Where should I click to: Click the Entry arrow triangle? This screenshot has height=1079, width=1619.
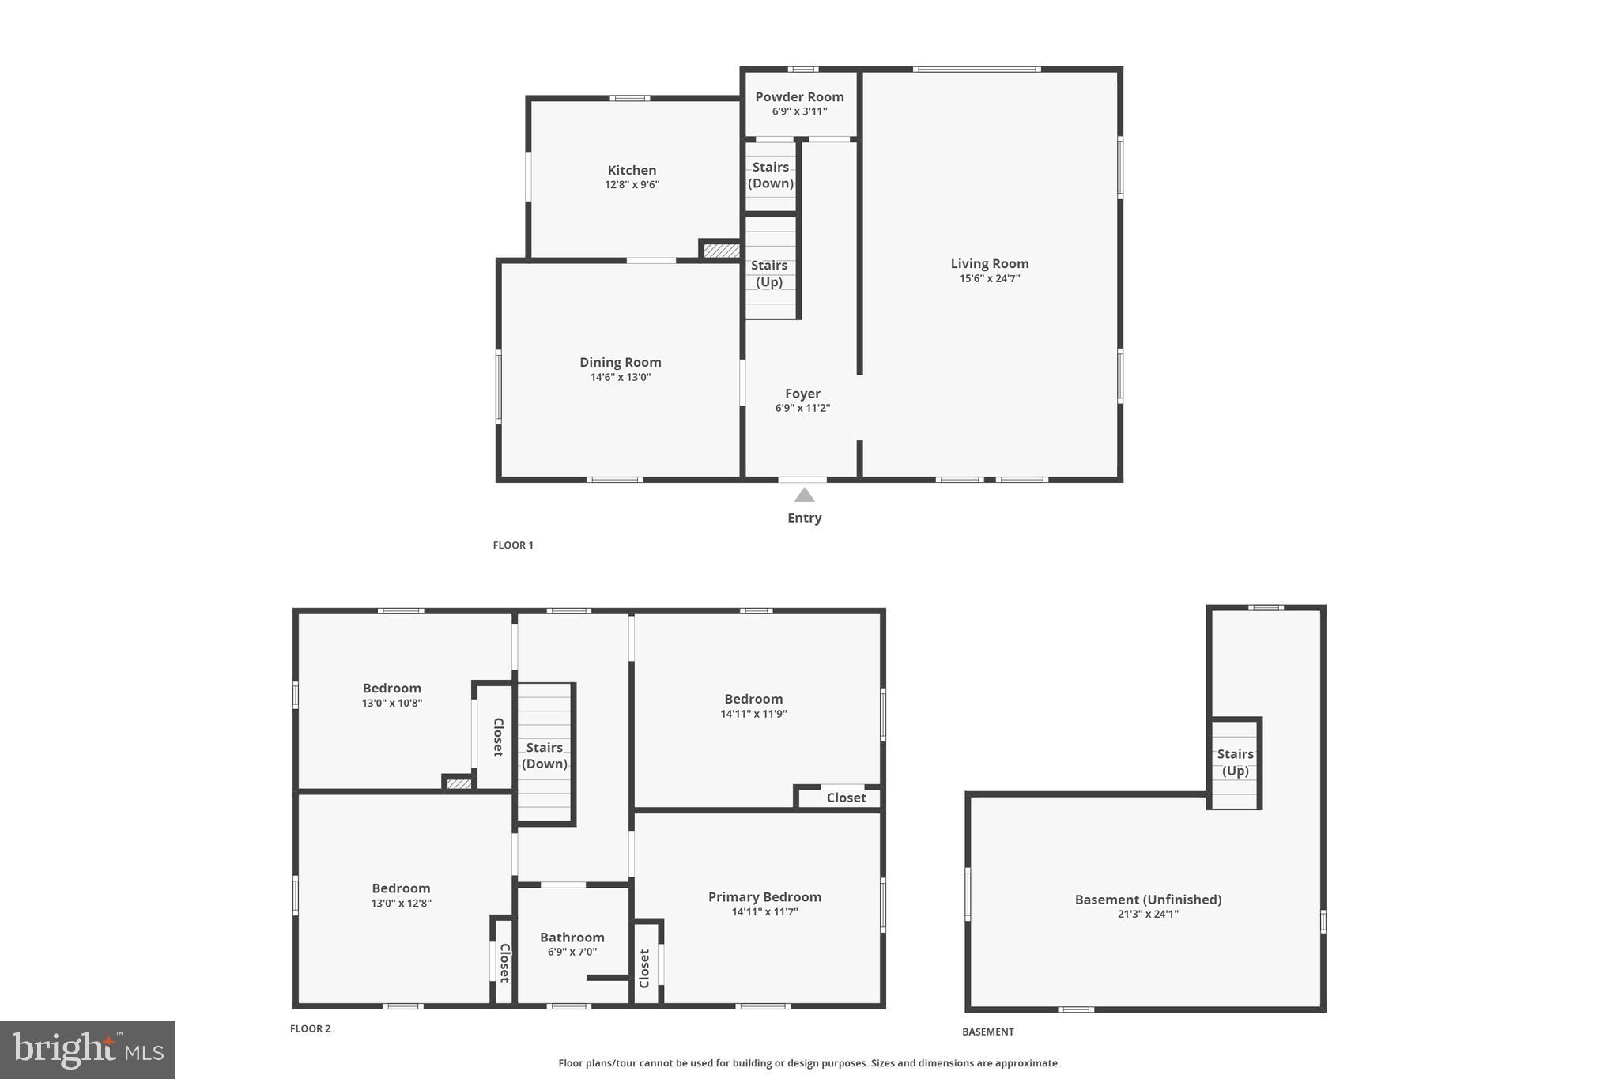pos(804,496)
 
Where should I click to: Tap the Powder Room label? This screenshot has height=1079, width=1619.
pos(799,97)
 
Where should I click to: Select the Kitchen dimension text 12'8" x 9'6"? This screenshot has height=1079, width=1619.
pos(632,185)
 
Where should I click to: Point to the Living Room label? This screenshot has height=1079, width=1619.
pos(989,264)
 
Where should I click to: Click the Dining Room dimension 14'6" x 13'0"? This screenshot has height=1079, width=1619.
pos(621,378)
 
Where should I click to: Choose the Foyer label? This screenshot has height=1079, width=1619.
pos(802,394)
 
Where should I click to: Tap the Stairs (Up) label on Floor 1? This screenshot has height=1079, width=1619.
pos(769,274)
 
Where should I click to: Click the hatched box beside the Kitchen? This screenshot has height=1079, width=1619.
pos(721,251)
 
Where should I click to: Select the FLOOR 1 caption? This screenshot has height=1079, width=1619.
pos(513,545)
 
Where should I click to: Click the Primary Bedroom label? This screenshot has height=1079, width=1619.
pos(764,897)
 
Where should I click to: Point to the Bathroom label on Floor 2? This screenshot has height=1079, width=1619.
pos(572,938)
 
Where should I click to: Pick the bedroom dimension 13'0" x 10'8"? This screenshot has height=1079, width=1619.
pos(392,704)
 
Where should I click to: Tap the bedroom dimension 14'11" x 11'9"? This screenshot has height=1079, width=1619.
pos(753,714)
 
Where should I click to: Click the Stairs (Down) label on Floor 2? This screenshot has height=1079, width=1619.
pos(545,756)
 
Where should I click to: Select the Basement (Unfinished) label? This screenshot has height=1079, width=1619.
pos(1148,900)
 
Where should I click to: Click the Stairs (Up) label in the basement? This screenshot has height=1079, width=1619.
pos(1235,763)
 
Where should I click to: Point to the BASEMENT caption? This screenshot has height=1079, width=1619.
pos(987,1032)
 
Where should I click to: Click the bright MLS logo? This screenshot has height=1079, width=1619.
pos(88,1051)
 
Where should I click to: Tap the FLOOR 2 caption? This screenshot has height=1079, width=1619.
pos(310,1028)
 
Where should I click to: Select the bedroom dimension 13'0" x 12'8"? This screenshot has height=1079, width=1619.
pos(401,904)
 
